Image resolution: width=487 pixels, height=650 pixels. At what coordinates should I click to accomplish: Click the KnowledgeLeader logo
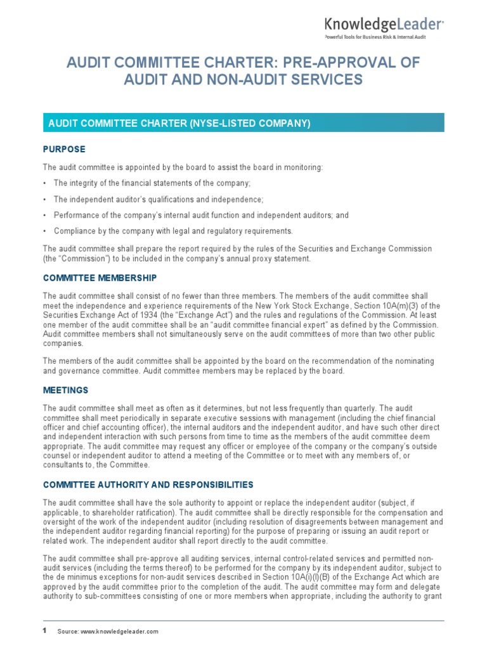pyautogui.click(x=384, y=25)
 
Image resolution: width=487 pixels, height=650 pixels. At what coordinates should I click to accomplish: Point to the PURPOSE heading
pyautogui.click(x=64, y=149)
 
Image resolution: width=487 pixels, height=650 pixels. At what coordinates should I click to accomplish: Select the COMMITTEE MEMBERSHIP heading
pyautogui.click(x=100, y=278)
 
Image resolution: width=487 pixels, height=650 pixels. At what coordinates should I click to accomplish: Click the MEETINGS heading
pyautogui.click(x=65, y=390)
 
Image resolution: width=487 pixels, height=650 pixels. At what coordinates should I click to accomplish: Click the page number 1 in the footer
pyautogui.click(x=45, y=630)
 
